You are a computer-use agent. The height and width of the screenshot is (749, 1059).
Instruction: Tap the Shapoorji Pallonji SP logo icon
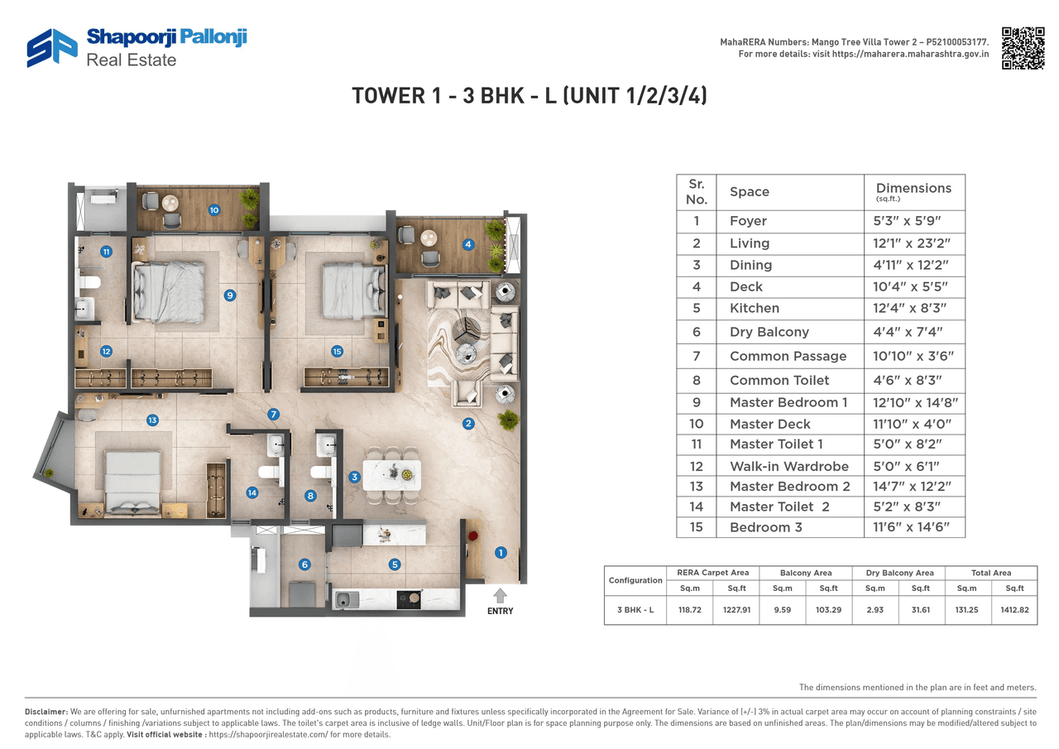(51, 48)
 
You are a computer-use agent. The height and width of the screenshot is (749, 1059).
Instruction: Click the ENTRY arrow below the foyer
(500, 595)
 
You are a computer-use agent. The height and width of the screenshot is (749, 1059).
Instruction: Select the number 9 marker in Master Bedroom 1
(230, 295)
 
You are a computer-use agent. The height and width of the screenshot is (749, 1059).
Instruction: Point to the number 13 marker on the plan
(152, 420)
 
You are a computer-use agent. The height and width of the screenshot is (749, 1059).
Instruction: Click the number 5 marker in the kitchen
(395, 564)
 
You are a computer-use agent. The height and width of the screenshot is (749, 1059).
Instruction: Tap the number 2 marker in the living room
(468, 424)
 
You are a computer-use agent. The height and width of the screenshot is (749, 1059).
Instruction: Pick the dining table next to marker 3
(391, 475)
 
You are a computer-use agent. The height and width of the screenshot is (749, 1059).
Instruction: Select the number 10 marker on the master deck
(213, 210)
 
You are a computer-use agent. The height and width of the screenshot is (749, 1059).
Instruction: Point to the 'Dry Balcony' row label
(769, 332)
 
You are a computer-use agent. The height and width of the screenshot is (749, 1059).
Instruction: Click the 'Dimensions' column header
(913, 189)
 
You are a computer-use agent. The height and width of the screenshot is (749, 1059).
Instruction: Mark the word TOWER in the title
(386, 96)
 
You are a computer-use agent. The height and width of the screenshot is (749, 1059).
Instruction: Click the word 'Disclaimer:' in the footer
(46, 712)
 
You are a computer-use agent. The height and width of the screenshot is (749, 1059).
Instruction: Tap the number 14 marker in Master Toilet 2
(252, 492)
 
